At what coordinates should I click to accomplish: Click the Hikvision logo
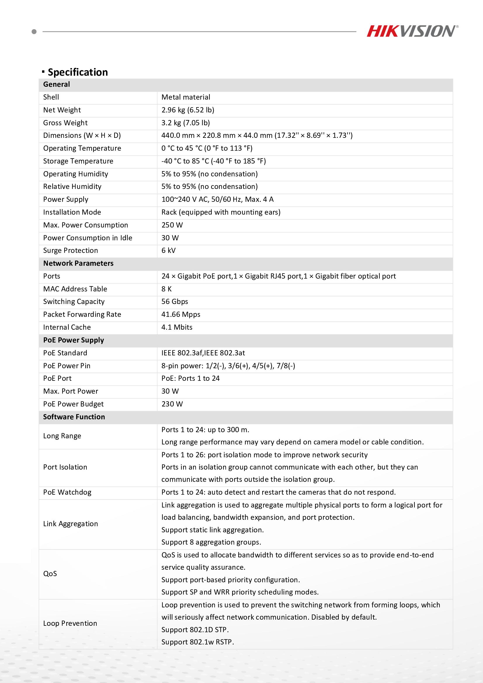[x=412, y=31]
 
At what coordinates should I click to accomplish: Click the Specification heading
[x=77, y=72]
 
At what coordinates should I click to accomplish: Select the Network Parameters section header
[x=78, y=263]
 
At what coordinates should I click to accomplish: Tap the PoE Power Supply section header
[x=74, y=340]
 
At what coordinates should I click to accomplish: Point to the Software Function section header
[x=74, y=417]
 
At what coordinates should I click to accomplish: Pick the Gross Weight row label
[x=65, y=123]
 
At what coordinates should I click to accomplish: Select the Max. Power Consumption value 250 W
[x=172, y=225]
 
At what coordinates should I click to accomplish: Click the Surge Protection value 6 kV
[x=168, y=251]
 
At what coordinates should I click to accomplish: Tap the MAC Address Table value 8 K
[x=166, y=289]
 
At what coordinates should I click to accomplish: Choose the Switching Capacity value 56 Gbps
[x=175, y=302]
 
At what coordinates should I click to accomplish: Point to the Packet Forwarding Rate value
[x=180, y=314]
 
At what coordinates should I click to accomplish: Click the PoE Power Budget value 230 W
[x=172, y=404]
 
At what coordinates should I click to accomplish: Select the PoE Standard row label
[x=65, y=353]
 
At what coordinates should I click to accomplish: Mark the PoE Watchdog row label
[x=67, y=492]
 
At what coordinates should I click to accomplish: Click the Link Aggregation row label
[x=70, y=524]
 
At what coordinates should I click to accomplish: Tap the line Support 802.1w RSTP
[x=197, y=642]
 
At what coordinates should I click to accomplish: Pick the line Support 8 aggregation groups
[x=211, y=542]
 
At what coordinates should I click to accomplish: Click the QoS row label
[x=50, y=573]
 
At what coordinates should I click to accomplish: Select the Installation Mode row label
[x=72, y=212]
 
